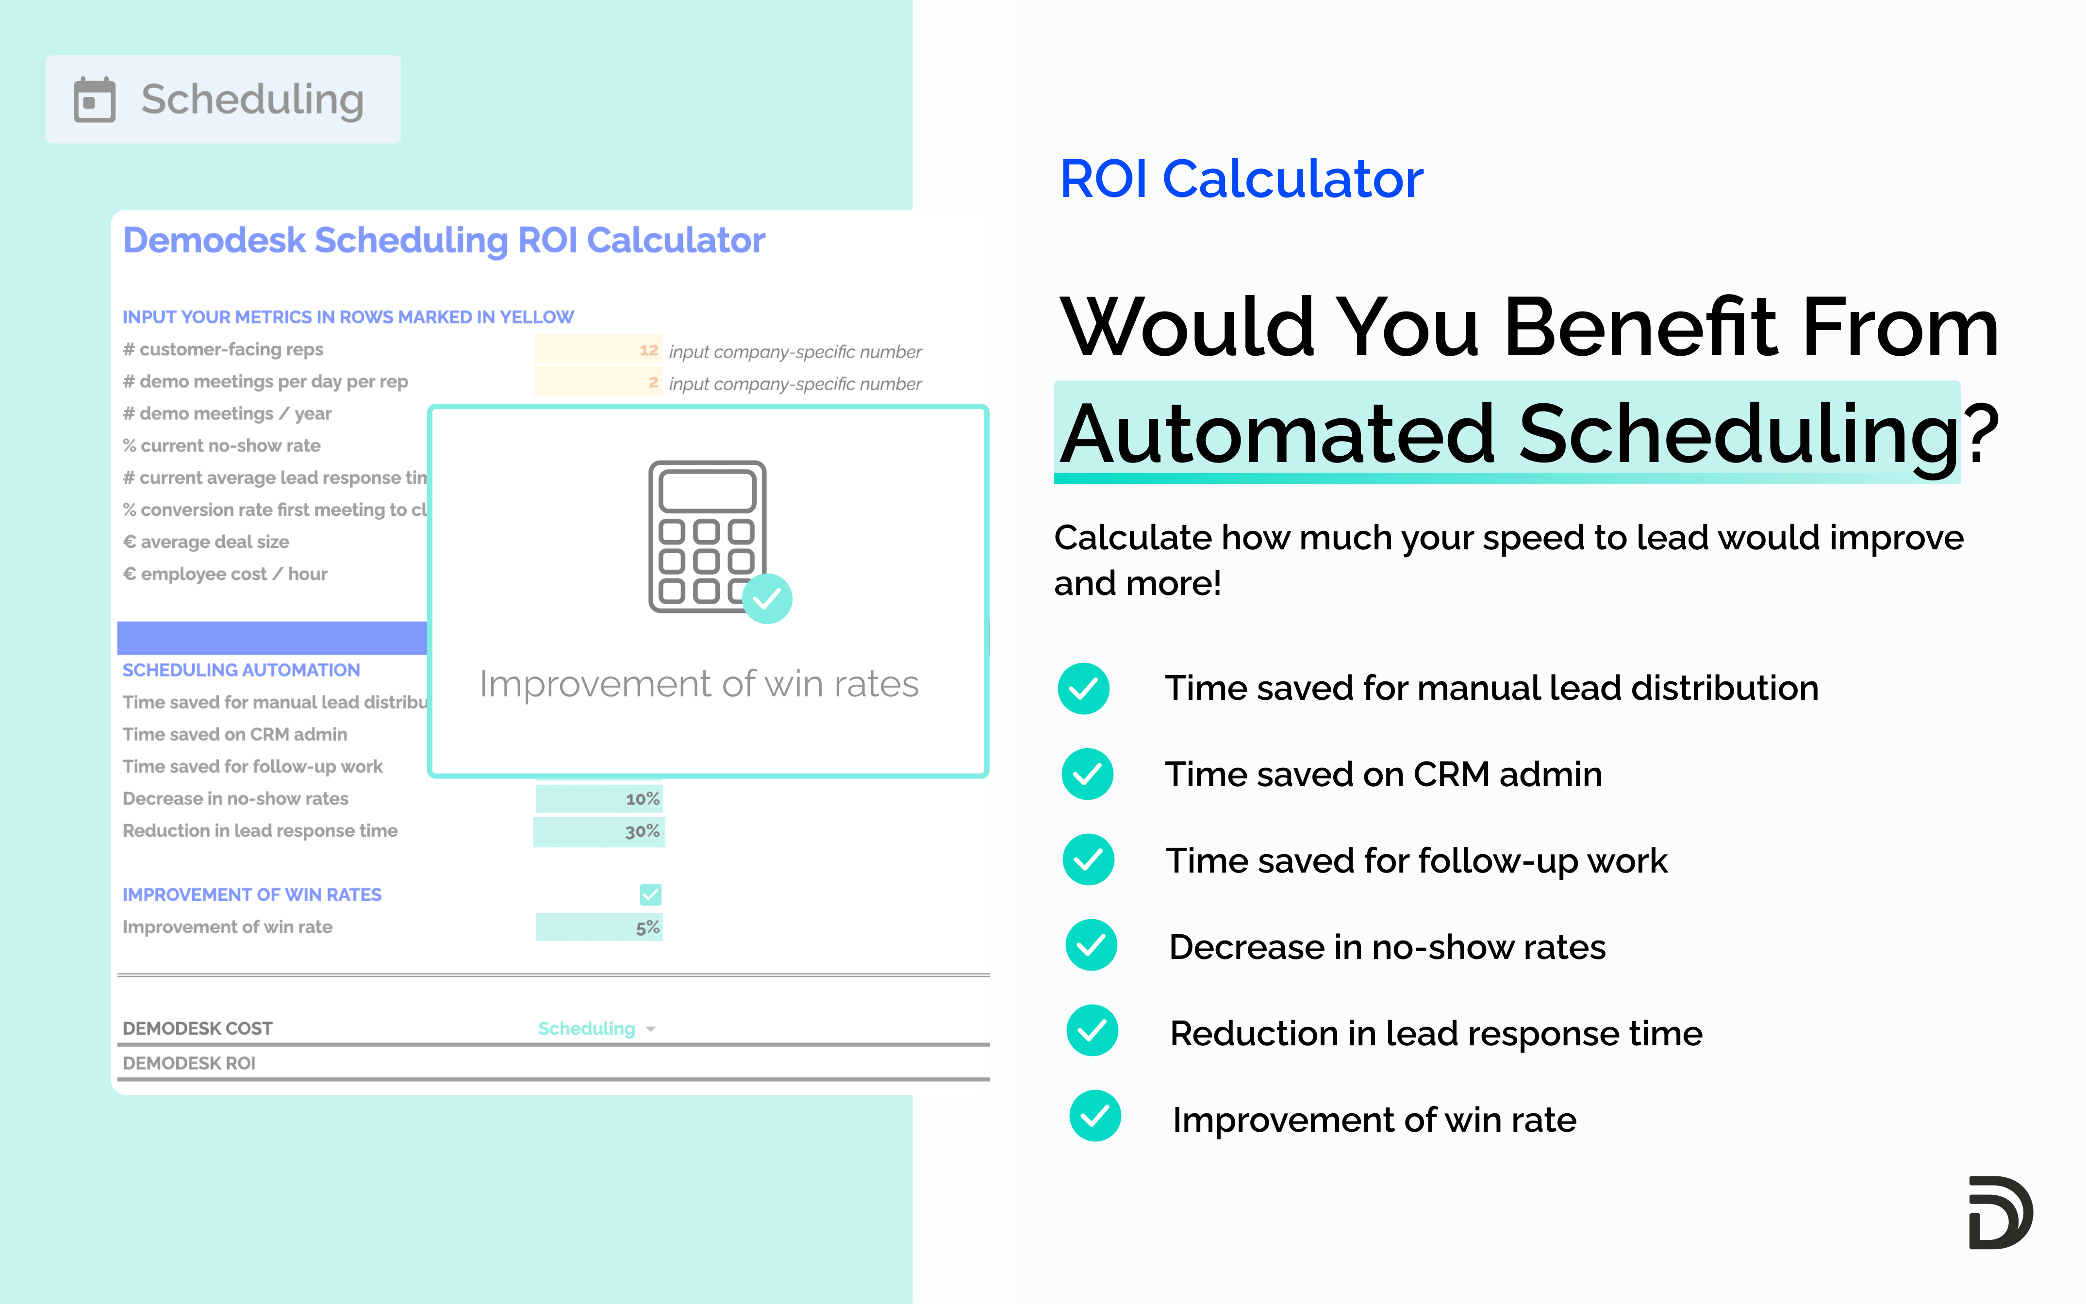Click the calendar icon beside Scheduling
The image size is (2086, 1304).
tap(94, 100)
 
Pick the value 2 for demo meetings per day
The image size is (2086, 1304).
tap(653, 382)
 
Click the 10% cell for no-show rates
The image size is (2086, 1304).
tap(643, 799)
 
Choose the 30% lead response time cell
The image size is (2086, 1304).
tap(643, 831)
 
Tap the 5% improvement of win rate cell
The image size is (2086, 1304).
tap(647, 927)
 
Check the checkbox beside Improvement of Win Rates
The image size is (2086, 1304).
tap(650, 894)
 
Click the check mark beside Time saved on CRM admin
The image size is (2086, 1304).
tap(1087, 774)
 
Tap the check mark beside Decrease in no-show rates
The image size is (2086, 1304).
tap(1091, 945)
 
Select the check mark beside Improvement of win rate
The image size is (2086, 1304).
tap(1094, 1116)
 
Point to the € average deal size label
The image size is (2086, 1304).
tap(206, 542)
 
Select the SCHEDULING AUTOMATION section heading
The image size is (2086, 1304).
tap(241, 670)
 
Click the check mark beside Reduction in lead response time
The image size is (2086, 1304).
tap(1092, 1031)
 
